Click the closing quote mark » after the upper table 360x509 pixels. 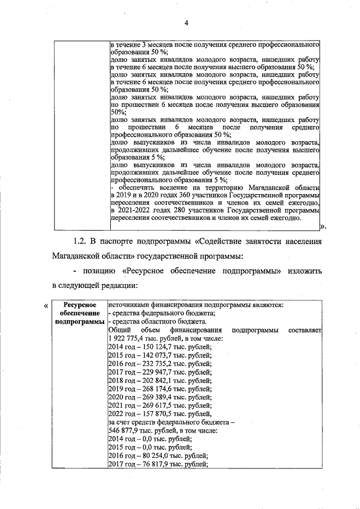(323, 226)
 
